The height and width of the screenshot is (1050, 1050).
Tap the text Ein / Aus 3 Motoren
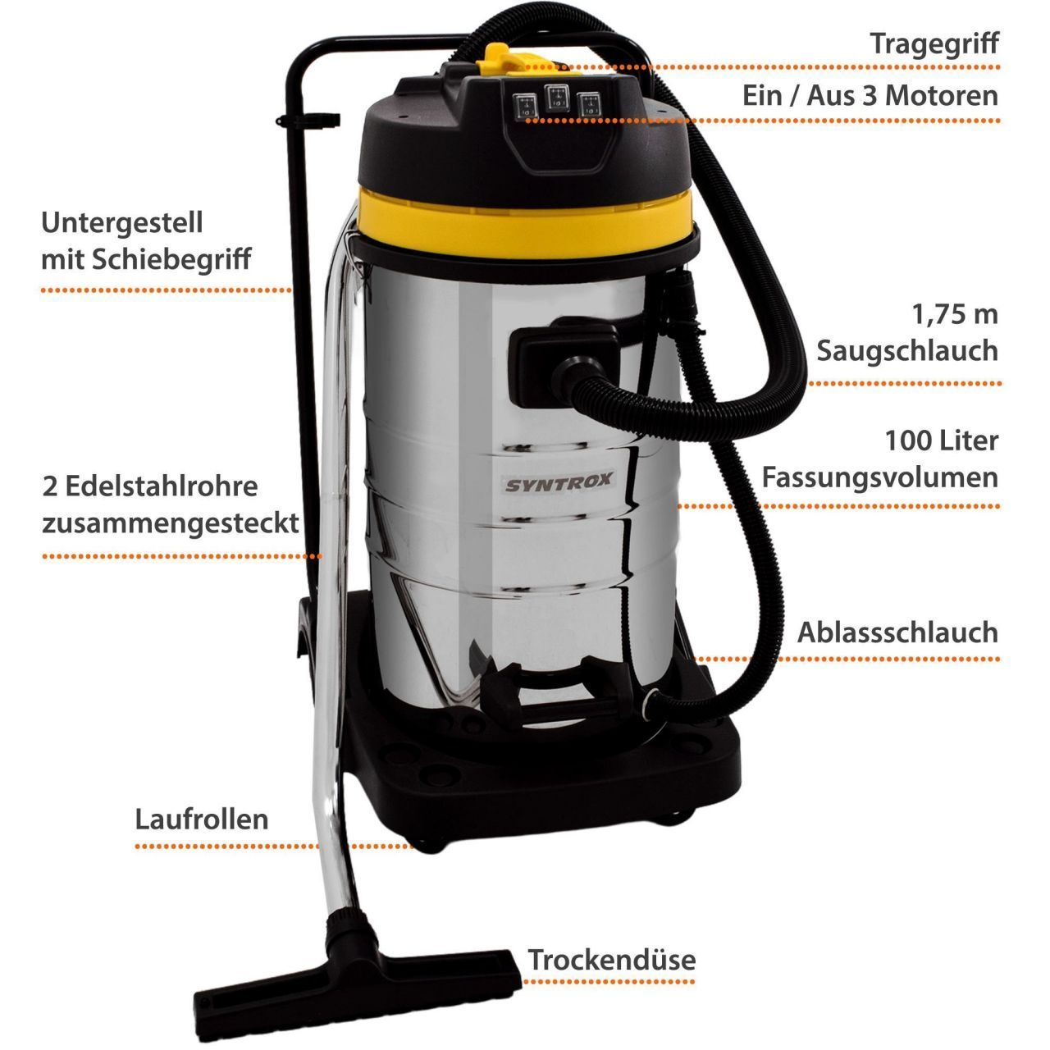click(x=870, y=96)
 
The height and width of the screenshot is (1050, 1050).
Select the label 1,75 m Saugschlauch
click(x=907, y=333)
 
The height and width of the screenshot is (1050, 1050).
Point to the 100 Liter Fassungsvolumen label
click(x=880, y=459)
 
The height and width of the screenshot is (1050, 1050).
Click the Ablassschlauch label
click(x=898, y=632)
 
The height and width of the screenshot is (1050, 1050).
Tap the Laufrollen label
click(x=202, y=819)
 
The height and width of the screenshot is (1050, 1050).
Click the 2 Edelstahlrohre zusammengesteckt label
click(x=171, y=505)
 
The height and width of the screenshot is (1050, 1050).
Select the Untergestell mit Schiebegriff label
click(x=146, y=241)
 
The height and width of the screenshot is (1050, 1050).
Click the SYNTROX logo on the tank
click(x=559, y=482)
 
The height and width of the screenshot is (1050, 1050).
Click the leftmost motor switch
click(x=525, y=106)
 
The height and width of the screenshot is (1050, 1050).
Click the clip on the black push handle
click(x=308, y=121)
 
